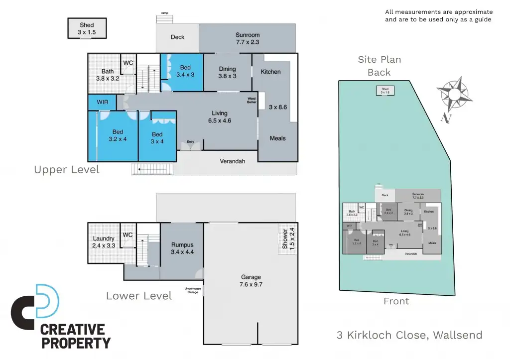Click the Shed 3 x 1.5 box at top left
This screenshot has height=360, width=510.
tap(87, 28)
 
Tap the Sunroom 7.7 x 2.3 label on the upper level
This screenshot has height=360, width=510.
tap(248, 39)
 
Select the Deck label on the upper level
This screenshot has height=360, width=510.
tap(177, 37)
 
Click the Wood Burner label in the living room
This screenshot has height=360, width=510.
tap(252, 99)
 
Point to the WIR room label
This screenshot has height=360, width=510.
tap(103, 102)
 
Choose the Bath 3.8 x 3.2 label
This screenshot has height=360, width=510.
tap(108, 75)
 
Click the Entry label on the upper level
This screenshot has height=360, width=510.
tap(190, 142)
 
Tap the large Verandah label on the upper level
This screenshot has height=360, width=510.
tap(233, 161)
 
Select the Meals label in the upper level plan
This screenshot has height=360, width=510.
tap(277, 138)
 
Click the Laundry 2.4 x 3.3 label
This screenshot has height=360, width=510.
tap(104, 242)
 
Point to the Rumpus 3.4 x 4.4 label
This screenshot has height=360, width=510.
tap(182, 248)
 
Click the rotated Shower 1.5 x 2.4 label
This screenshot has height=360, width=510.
tap(288, 239)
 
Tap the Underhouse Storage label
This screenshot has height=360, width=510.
tap(191, 290)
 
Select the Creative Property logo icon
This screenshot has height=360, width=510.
tap(35, 305)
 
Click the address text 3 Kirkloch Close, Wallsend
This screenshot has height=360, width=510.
tap(409, 335)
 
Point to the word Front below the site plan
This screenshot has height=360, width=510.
tap(396, 301)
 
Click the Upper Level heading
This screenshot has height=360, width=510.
tap(67, 170)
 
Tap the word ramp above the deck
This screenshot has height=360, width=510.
tap(164, 13)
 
